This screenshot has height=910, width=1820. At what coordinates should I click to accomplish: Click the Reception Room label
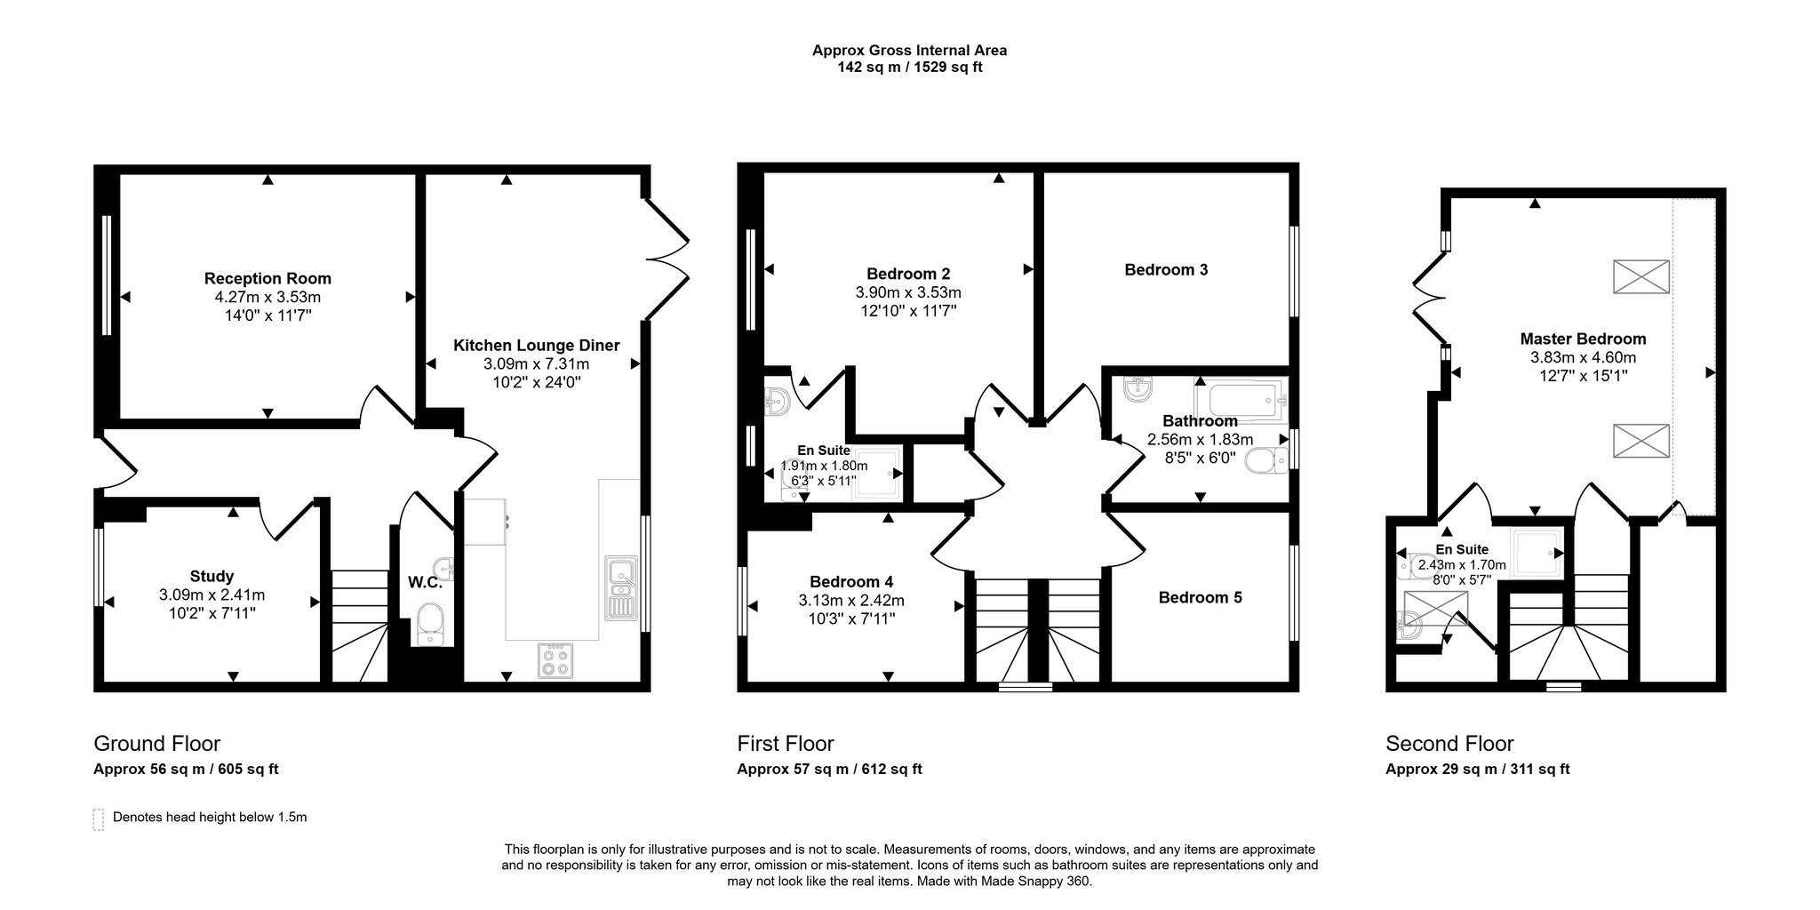[x=267, y=278]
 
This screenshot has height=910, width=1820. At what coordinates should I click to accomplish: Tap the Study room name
[x=212, y=576]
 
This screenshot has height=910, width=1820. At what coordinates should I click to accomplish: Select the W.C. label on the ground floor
[x=425, y=583]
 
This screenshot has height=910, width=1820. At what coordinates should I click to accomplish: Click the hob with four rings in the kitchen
[x=556, y=660]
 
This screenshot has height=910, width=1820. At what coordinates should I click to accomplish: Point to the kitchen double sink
[x=619, y=587]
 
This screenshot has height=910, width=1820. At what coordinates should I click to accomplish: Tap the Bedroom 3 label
[x=1166, y=269]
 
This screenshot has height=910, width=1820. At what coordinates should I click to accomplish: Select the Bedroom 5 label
[x=1200, y=597]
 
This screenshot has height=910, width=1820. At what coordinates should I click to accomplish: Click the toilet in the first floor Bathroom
[x=1265, y=461]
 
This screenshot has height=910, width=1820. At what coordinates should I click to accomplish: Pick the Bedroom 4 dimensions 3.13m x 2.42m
[x=851, y=601]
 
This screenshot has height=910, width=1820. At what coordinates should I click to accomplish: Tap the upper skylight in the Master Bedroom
[x=1640, y=276]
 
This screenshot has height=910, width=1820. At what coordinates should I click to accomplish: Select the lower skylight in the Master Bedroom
[x=1640, y=441]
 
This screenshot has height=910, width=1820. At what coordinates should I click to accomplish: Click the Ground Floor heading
[x=157, y=743]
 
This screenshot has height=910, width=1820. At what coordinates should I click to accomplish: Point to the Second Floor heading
[x=1449, y=743]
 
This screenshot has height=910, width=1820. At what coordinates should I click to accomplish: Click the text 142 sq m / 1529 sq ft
[x=910, y=67]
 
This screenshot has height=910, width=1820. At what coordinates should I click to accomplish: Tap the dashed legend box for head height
[x=98, y=819]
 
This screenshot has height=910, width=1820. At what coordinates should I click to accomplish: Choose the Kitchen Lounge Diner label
[x=537, y=345]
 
